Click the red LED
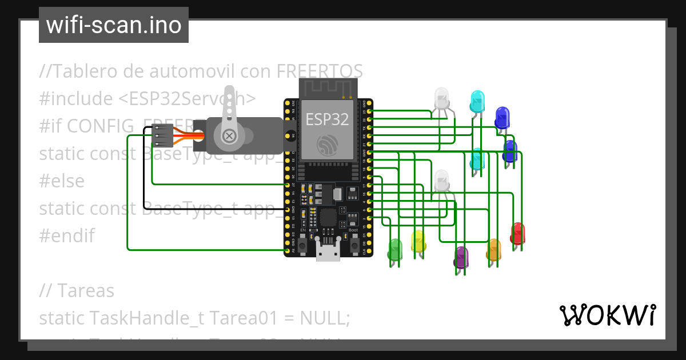coord(517,233)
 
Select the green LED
coord(395,250)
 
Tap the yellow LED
coord(418,241)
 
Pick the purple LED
coord(461,257)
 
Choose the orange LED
coord(493,250)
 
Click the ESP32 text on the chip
coord(327,119)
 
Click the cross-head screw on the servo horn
coord(229,136)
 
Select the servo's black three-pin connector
coord(161,137)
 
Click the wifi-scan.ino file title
coord(114,25)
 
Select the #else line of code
coord(62,181)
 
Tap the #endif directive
coord(67,235)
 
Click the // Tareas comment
coord(77,290)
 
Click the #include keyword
coord(77,99)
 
